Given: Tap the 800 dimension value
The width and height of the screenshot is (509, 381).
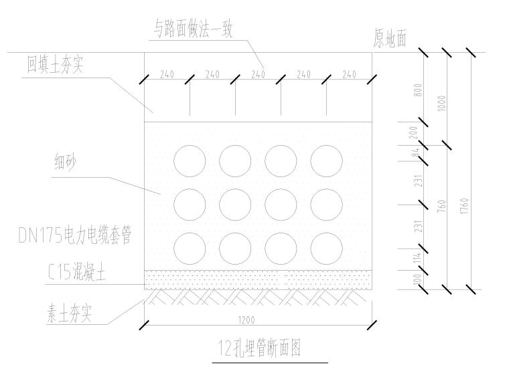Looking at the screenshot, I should coord(419,90).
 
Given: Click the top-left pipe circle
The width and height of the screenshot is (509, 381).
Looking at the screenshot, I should coord(190,160).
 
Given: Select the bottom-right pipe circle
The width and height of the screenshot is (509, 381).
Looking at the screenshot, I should coord(326,248).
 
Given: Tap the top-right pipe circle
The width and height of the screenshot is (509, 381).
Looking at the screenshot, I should coord(326,160).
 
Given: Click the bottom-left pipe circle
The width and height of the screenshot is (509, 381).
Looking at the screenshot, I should coord(190,248).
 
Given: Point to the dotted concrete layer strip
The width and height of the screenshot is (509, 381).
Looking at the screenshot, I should coord(258,276).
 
